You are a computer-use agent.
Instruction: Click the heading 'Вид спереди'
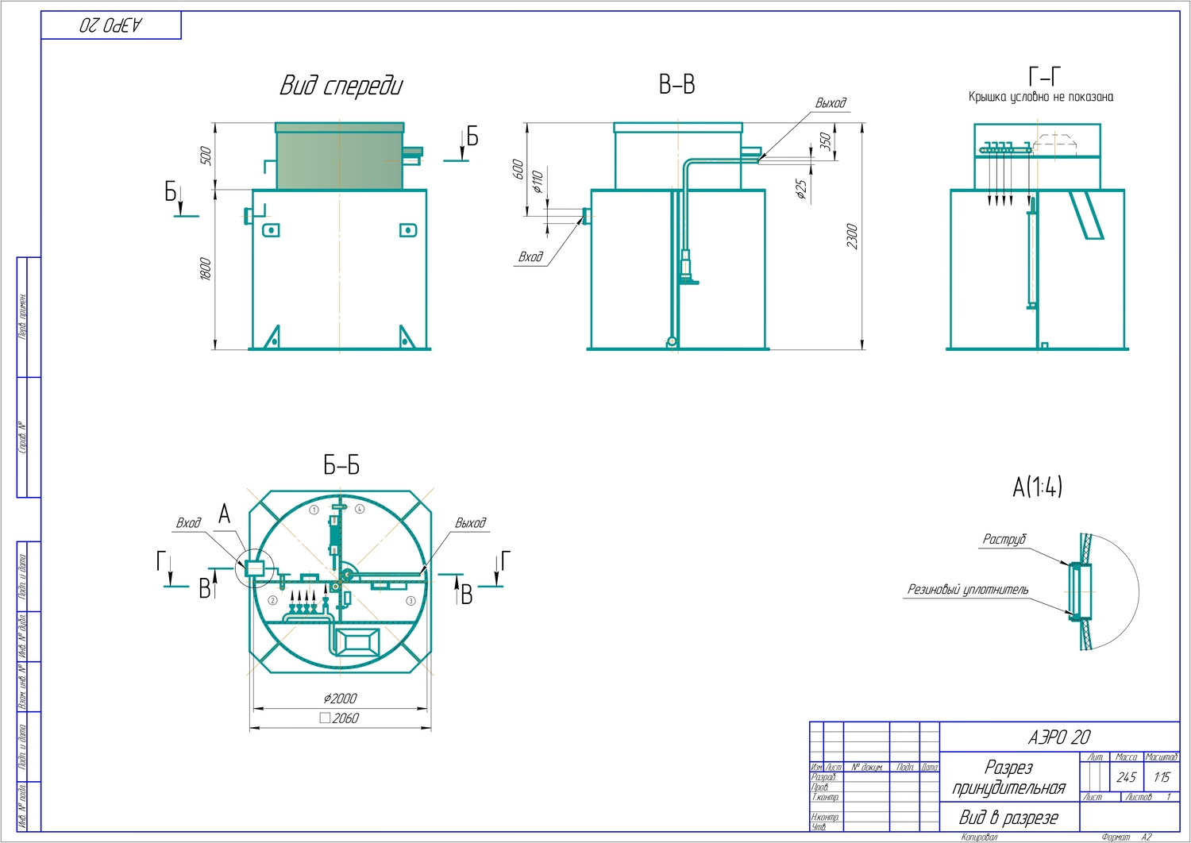341,86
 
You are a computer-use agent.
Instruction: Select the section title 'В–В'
676,85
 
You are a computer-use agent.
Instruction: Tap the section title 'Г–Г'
1044,76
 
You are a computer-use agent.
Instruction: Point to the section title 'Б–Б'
341,465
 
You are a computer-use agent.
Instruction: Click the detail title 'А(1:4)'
1037,487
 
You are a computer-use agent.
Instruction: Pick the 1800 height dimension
206,268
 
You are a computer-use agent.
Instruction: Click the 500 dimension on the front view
206,156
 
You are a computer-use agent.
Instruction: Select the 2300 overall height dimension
852,236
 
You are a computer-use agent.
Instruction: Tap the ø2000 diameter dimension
340,699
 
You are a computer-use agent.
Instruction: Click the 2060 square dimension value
345,718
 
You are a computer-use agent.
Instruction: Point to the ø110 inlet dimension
538,181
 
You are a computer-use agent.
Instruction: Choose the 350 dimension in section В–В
826,141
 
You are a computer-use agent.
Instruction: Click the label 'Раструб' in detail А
1004,540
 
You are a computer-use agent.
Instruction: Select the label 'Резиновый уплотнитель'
968,590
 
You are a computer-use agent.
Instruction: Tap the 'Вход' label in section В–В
530,257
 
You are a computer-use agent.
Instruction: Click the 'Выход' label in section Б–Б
470,523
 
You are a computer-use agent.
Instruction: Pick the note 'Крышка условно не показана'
1040,97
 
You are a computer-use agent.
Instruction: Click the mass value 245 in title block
1126,777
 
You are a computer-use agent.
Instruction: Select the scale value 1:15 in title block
1162,777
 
